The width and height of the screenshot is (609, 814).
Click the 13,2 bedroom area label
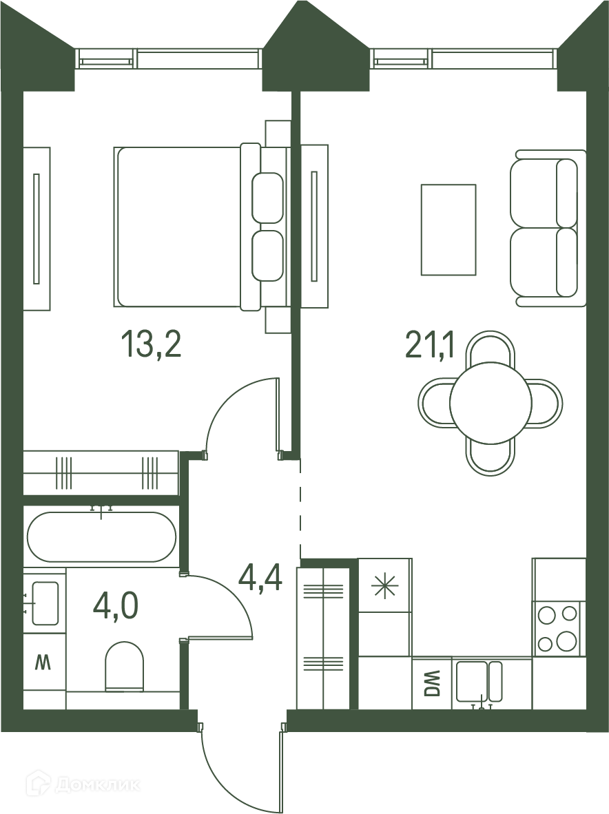151,345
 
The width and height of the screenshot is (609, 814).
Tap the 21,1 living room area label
429,346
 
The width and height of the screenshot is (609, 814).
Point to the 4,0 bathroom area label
116,606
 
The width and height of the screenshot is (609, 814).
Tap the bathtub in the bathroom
102,536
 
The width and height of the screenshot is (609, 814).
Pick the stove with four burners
558,628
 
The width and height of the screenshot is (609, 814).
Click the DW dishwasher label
432,684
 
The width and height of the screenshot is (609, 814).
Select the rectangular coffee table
448,229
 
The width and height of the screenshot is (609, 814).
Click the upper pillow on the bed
268,197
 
